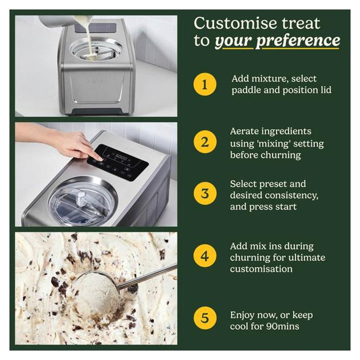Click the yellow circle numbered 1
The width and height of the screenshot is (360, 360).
tap(205, 84)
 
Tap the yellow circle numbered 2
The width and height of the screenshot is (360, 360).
tap(205, 142)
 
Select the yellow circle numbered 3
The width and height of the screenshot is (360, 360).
tap(205, 193)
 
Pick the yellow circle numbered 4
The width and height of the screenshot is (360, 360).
tap(205, 256)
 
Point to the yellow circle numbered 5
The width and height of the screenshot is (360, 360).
tap(205, 318)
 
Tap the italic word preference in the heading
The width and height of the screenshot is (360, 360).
tap(298, 41)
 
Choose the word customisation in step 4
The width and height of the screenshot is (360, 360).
tap(261, 269)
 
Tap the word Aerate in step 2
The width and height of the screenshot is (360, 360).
tap(244, 131)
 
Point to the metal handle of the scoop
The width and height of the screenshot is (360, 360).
tap(147, 276)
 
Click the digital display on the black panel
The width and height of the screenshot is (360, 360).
tap(121, 157)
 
